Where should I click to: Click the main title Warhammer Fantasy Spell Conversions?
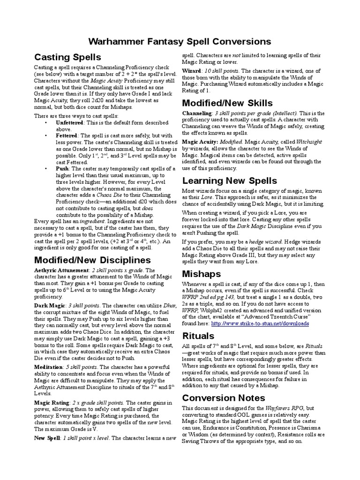(x=180, y=41)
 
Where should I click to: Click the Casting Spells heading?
(x=67, y=57)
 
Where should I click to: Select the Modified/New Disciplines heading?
(x=92, y=260)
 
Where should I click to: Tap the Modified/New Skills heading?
(x=227, y=103)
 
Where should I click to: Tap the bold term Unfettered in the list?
(x=70, y=122)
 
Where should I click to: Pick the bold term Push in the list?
(x=62, y=168)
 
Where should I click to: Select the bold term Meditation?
(x=51, y=367)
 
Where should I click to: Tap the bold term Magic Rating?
(x=52, y=402)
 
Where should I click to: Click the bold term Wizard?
(x=191, y=70)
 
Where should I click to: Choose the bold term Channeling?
(x=197, y=113)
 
